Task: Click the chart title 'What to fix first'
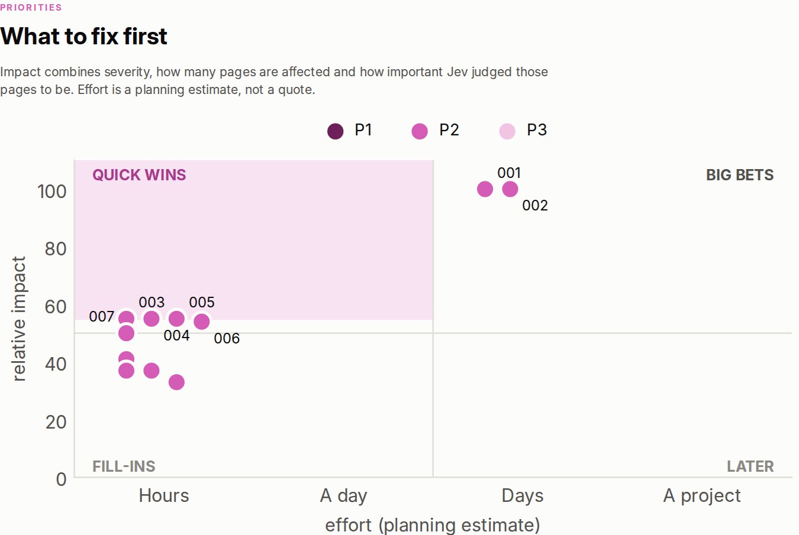click(83, 36)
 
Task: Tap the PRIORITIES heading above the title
click(31, 8)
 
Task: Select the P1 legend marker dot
click(336, 131)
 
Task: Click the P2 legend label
click(449, 130)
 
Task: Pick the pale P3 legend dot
click(507, 131)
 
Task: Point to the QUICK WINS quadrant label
click(139, 175)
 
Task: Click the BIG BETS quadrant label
click(740, 175)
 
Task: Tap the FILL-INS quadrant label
click(124, 466)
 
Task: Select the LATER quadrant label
click(750, 466)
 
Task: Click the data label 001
click(509, 173)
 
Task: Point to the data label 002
click(535, 206)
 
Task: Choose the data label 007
click(102, 316)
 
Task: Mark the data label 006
click(227, 338)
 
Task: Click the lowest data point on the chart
click(176, 382)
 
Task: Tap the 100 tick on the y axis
click(52, 192)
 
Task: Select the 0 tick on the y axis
click(62, 479)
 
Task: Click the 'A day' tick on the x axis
click(343, 496)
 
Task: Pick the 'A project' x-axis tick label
click(702, 496)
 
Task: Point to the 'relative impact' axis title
click(19, 319)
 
